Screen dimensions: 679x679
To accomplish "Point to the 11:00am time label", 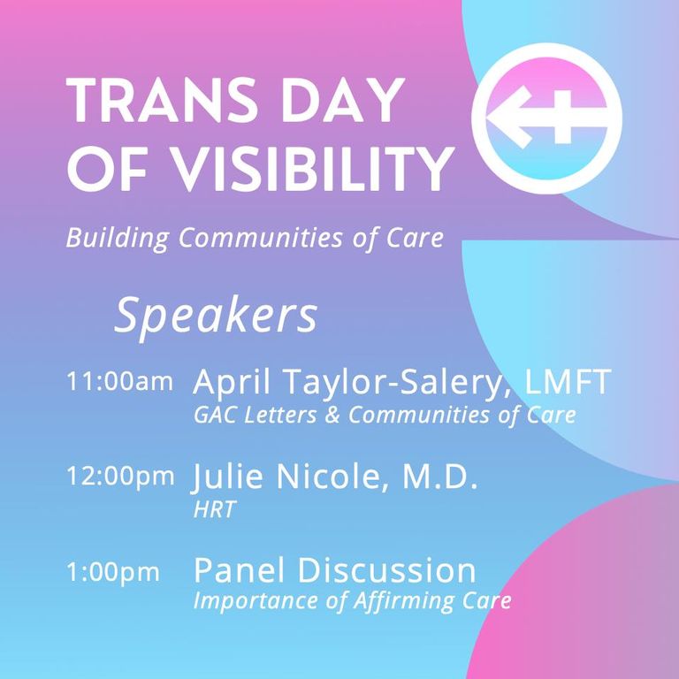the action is tap(119, 382).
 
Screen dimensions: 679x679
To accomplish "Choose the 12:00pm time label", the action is tap(120, 476).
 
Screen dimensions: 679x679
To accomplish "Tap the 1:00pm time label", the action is tap(113, 571).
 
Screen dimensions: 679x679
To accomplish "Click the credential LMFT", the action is tap(568, 382).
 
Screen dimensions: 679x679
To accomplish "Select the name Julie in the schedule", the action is tap(227, 477).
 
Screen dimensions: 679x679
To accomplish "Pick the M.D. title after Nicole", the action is tap(440, 477).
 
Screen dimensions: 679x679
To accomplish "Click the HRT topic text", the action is tap(214, 509).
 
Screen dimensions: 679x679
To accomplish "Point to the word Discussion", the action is tap(386, 570).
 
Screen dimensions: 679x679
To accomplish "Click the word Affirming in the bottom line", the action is tap(403, 601).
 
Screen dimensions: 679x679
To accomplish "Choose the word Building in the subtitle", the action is tap(117, 238).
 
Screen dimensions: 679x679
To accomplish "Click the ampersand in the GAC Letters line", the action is tap(332, 415).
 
